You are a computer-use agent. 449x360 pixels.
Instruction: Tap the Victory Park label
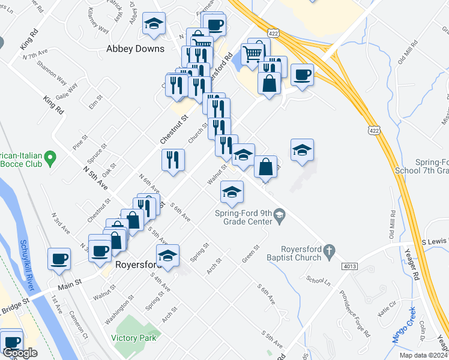point(134,338)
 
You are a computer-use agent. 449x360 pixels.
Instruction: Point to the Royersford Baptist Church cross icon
point(328,249)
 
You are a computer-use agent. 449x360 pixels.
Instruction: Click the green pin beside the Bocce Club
point(50,158)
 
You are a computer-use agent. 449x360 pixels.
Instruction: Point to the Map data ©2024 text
point(421,355)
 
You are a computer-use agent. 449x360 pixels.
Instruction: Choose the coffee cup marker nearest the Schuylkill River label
point(59,259)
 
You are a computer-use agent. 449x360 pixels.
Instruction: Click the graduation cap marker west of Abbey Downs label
point(154,24)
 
